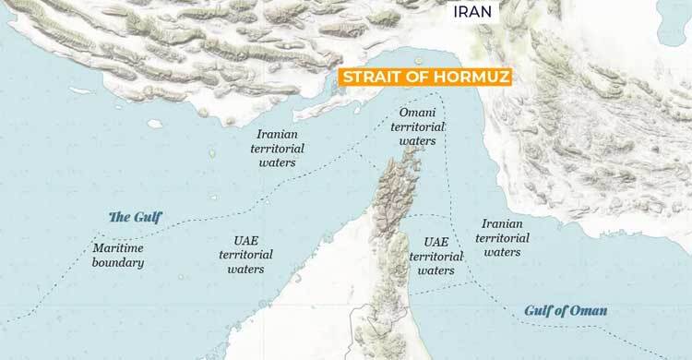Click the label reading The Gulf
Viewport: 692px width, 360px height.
coord(135,217)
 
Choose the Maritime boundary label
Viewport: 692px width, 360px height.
coord(119,256)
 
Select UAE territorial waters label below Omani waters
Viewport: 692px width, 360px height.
coord(435,256)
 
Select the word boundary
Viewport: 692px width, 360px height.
coord(119,263)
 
